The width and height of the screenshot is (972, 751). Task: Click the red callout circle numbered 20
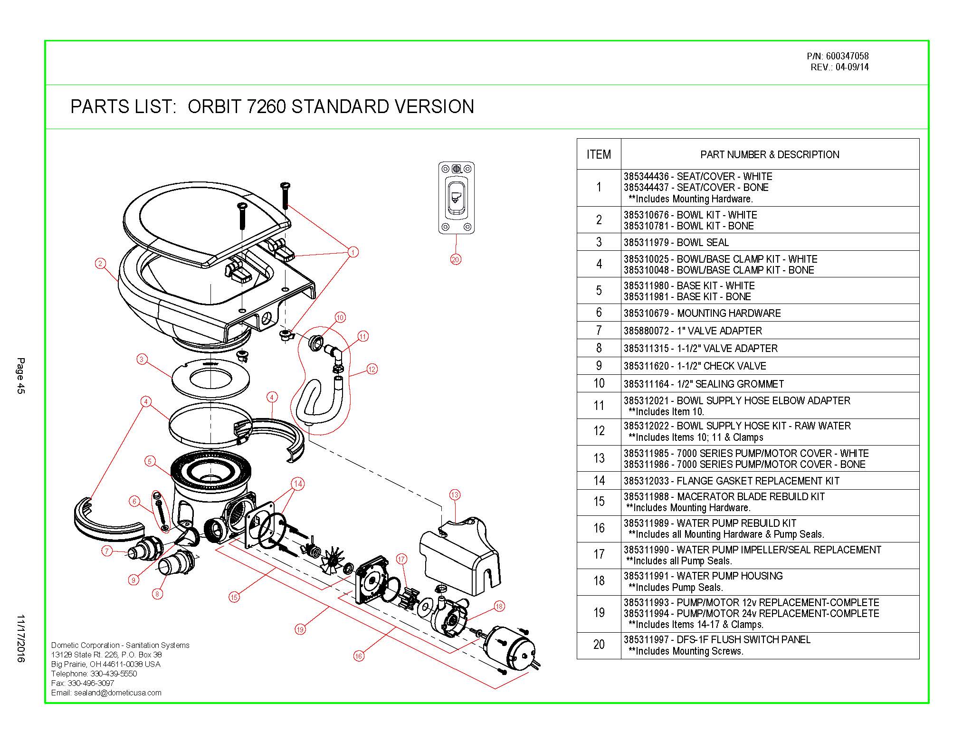(456, 259)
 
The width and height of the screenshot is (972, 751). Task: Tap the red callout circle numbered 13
(455, 495)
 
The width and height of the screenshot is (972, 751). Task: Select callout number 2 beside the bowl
(100, 263)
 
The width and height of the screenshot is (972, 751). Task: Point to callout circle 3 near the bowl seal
(142, 359)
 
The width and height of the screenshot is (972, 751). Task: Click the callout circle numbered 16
(359, 656)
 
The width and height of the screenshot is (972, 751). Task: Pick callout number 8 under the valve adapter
(157, 593)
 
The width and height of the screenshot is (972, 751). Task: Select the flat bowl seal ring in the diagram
(210, 379)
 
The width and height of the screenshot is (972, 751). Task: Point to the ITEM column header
(599, 154)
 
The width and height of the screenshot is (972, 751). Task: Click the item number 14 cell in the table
(599, 481)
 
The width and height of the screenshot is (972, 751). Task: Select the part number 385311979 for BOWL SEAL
(646, 242)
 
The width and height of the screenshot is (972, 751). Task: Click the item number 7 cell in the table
(599, 331)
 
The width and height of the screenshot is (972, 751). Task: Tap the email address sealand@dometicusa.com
(117, 693)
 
